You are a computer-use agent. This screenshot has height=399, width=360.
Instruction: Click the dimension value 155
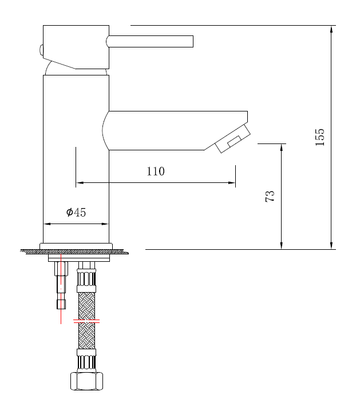pos(320,137)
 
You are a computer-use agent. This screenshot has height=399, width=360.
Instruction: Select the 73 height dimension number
pos(270,196)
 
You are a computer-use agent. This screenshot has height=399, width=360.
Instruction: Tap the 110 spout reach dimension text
pos(156,171)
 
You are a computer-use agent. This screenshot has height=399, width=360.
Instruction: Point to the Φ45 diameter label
pos(76,213)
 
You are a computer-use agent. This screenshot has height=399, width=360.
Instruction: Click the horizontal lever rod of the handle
pos(151,41)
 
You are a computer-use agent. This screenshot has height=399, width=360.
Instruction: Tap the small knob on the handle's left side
pos(41,50)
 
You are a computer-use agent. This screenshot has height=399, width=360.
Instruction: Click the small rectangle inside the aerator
pos(234,140)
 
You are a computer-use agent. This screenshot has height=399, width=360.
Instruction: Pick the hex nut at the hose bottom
pos(86,381)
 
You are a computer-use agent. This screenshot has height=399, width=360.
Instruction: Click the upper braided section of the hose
pos(86,305)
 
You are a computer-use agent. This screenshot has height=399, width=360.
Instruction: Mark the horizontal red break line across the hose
pos(86,322)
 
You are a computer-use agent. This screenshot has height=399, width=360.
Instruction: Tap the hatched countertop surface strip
pos(74,252)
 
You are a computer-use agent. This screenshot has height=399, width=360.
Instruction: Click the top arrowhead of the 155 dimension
pos(331,29)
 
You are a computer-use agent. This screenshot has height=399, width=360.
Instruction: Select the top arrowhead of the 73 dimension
pos(282,147)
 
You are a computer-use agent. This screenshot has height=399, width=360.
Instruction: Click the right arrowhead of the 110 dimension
pos(232,183)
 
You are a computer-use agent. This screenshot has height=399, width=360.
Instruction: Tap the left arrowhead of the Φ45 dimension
pos(47,224)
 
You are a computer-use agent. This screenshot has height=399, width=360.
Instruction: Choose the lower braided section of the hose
pos(86,336)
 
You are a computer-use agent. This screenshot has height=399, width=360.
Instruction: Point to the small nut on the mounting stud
pos(61,304)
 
